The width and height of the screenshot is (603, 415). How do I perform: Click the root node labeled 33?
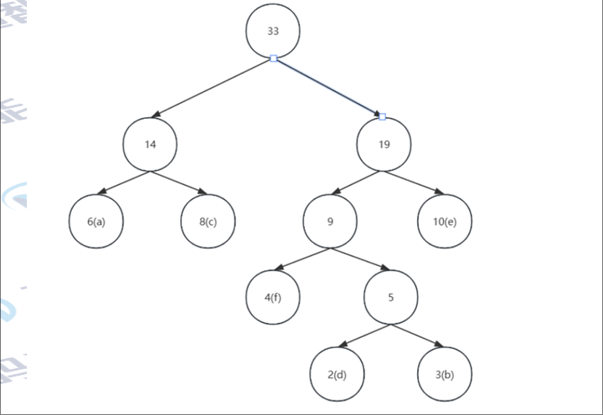click(x=273, y=31)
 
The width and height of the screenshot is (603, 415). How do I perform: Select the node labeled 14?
click(x=150, y=145)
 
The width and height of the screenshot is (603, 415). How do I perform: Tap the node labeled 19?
click(x=384, y=145)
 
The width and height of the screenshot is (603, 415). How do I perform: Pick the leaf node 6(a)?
click(x=96, y=222)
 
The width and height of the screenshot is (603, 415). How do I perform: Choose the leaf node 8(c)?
click(x=209, y=222)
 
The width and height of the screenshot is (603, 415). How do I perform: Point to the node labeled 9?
click(x=330, y=222)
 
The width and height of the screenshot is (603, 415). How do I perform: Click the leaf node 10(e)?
click(x=445, y=222)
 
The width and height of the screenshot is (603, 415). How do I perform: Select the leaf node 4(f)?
click(x=273, y=297)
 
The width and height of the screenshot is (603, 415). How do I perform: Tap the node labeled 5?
click(x=390, y=298)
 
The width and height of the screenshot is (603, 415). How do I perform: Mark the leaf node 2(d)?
click(x=337, y=374)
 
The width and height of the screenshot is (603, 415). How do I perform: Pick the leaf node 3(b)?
click(x=445, y=374)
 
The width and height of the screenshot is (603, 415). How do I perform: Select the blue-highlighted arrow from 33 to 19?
click(x=328, y=88)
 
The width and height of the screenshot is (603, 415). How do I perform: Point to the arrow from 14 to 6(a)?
click(x=124, y=182)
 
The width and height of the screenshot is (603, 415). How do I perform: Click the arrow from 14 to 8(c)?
click(x=178, y=182)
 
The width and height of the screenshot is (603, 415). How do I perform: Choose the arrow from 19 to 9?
click(x=357, y=182)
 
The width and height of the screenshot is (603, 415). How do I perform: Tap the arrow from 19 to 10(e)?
click(x=414, y=182)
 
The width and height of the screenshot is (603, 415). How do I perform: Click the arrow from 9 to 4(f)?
click(x=302, y=259)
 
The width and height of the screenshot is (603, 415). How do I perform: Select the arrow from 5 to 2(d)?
click(x=364, y=335)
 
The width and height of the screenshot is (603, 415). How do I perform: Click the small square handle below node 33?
click(x=273, y=59)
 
